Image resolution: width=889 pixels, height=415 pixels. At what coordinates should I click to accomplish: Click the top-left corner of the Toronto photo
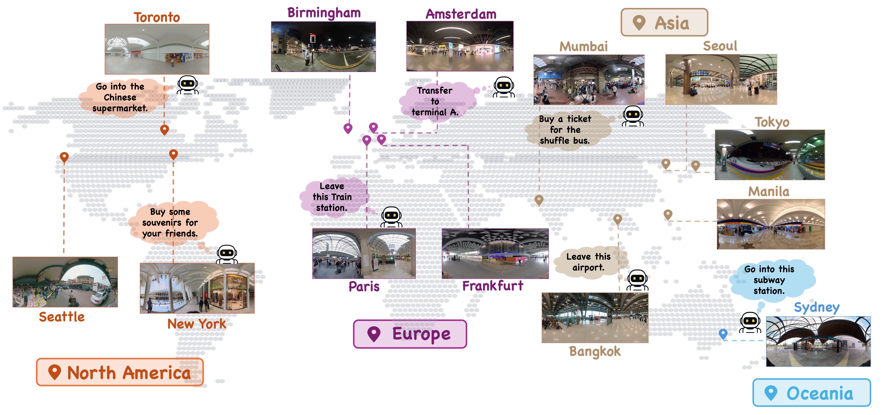point(105,24)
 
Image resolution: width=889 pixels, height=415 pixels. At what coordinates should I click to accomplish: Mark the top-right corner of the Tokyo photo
point(825,130)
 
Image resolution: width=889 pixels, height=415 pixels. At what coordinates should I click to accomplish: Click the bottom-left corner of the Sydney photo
point(767,366)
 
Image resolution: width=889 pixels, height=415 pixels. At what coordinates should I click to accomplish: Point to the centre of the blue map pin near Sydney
point(723,333)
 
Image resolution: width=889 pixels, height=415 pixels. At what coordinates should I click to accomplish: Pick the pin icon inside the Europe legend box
point(374,334)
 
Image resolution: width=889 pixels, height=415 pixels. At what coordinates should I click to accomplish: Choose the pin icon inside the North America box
point(54,372)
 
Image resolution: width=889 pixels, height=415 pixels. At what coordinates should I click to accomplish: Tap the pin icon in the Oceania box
point(771,393)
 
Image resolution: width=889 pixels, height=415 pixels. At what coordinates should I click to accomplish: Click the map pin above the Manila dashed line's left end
point(668,215)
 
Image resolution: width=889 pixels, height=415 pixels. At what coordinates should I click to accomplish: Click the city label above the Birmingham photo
point(324,13)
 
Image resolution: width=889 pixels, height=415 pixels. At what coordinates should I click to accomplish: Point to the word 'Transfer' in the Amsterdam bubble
point(435,91)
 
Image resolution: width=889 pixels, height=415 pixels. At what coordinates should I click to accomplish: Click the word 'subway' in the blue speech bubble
point(769,280)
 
